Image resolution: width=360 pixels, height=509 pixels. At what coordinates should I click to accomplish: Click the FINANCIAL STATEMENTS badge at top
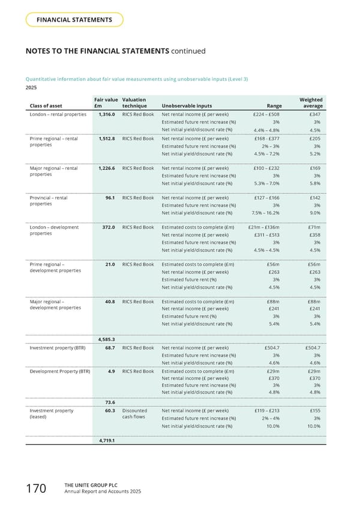(x=74, y=20)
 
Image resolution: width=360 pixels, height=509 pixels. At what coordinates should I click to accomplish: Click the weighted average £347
(x=314, y=113)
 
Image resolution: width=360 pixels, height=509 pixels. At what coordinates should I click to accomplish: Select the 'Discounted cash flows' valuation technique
(x=134, y=415)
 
